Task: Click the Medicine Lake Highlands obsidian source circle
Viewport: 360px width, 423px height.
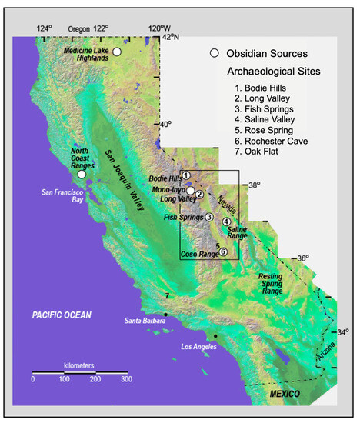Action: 117,51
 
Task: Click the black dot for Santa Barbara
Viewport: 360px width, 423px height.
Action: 166,315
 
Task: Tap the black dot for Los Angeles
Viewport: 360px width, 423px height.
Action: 216,337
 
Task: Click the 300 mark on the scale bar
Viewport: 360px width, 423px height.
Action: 125,379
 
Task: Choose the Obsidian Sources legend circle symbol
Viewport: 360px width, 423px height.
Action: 216,53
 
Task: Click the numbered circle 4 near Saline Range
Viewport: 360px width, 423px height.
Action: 226,222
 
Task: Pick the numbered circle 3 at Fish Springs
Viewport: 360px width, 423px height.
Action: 208,218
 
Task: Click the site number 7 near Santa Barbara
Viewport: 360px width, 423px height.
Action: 166,297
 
